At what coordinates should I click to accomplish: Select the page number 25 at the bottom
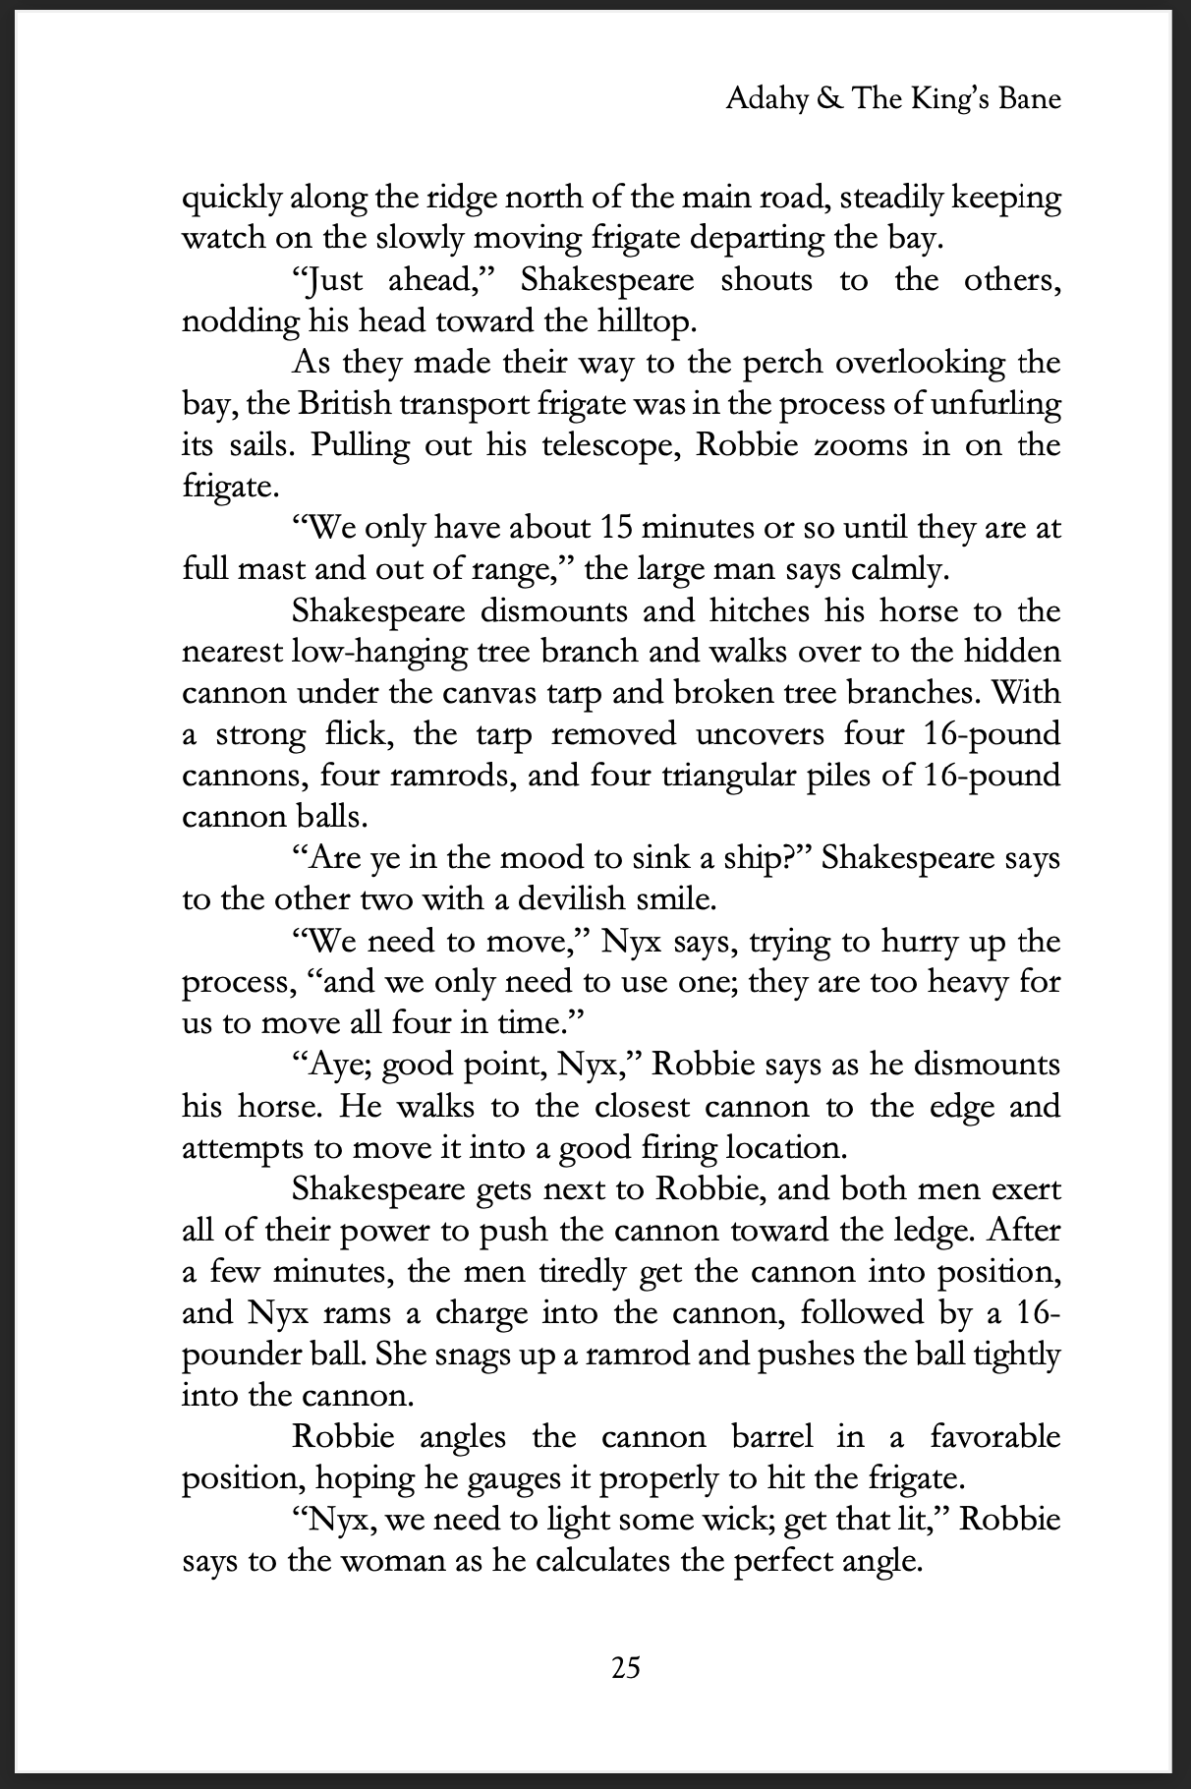[x=626, y=1667]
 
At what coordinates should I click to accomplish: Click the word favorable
[x=995, y=1436]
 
